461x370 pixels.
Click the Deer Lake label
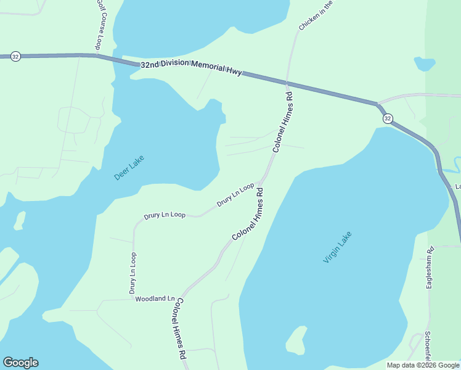[x=129, y=167]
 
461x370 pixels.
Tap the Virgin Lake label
[x=337, y=247]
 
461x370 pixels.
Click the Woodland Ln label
[x=155, y=298]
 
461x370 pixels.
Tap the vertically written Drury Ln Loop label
[x=133, y=272]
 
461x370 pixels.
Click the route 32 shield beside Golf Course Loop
[x=16, y=56]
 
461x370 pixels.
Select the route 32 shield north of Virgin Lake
[x=387, y=118]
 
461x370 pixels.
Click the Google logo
[x=20, y=363]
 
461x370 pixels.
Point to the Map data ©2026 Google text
[x=423, y=365]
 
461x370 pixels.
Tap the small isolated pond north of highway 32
[x=424, y=64]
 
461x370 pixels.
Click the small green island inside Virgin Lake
[x=296, y=340]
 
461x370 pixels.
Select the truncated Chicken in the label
[x=316, y=15]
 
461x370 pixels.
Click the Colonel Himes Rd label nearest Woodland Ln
[x=179, y=328]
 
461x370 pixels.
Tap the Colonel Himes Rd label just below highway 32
[x=282, y=122]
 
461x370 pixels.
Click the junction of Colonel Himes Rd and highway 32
[x=287, y=81]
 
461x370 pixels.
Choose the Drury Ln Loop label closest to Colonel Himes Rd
[x=235, y=194]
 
